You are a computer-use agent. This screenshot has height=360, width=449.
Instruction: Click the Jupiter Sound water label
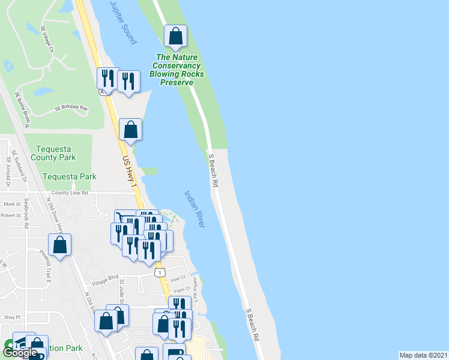click(124, 22)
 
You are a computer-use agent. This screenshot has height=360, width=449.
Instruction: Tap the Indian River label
click(194, 209)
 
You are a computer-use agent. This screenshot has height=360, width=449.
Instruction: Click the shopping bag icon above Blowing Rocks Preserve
click(175, 37)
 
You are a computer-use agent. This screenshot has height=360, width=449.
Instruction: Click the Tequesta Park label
click(70, 177)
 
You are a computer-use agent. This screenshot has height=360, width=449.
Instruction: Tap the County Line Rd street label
click(70, 193)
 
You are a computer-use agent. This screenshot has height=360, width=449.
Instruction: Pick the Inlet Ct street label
click(179, 278)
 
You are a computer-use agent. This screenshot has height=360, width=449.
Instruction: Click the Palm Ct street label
click(173, 290)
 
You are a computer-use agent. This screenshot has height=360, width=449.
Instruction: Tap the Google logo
click(20, 353)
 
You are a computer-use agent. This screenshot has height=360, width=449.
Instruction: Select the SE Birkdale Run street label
click(71, 109)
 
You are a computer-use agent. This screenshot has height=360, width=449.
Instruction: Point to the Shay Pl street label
click(11, 317)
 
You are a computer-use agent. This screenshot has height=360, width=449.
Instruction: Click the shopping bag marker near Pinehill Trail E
click(60, 245)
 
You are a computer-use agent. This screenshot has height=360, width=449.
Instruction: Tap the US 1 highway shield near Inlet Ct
click(159, 273)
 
